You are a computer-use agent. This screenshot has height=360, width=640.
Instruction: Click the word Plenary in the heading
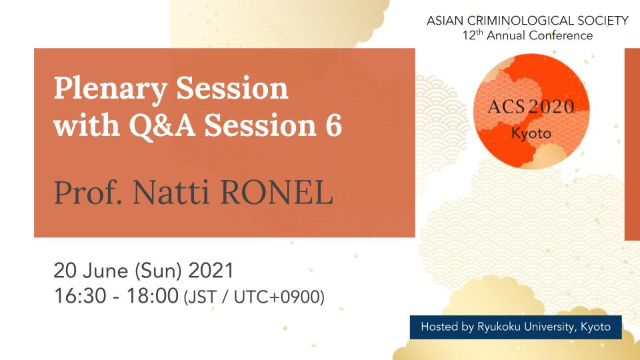[x=110, y=89]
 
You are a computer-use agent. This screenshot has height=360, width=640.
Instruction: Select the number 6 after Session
[x=333, y=125]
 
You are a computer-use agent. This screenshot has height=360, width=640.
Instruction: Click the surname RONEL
[x=277, y=192]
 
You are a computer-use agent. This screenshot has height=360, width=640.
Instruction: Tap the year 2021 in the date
[x=211, y=271]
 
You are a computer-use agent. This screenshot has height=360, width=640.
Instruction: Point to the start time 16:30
[x=80, y=296]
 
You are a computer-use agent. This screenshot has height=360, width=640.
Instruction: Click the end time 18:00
[x=152, y=296]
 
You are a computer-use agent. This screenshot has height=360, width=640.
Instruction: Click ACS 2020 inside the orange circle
[x=531, y=107]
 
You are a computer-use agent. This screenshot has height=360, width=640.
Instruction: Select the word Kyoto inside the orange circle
[x=531, y=134]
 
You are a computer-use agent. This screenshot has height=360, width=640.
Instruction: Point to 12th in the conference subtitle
[x=473, y=35]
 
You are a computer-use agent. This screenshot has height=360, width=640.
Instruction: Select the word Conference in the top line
[x=561, y=35]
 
